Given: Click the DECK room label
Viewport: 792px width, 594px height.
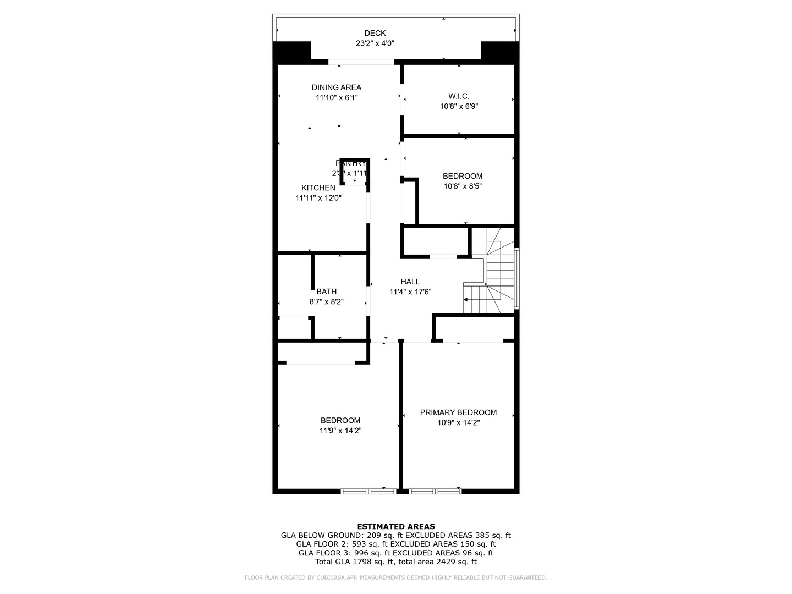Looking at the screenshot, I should [x=375, y=33].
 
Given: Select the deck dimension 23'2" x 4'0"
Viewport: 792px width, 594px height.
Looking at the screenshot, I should [x=375, y=43].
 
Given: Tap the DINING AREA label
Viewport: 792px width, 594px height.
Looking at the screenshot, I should [x=336, y=87].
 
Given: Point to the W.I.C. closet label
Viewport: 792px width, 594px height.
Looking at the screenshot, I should [x=459, y=96].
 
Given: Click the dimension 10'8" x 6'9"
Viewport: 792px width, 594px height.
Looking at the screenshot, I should [x=459, y=107].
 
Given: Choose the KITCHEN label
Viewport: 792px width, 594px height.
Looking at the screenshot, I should [x=318, y=188].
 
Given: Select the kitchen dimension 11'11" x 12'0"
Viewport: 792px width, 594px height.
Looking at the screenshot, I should [x=318, y=198].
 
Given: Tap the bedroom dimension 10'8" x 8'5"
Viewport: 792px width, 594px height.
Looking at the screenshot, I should [x=463, y=186].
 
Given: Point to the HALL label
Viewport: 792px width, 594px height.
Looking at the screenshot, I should [x=410, y=282].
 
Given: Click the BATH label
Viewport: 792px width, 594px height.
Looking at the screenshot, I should [x=326, y=291].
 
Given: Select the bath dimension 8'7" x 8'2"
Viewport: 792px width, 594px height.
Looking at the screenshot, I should [x=326, y=301].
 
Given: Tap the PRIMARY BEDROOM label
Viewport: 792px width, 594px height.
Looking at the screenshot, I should [x=458, y=413].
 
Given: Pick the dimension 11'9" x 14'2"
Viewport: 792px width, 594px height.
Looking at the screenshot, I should [x=340, y=431].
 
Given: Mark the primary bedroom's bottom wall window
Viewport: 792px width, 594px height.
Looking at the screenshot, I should [x=435, y=491].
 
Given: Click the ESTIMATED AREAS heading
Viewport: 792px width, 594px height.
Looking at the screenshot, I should [x=395, y=526].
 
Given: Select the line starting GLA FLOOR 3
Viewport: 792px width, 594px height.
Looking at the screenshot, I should [x=395, y=553].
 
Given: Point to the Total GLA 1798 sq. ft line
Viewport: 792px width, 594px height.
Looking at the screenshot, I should [x=395, y=562].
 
